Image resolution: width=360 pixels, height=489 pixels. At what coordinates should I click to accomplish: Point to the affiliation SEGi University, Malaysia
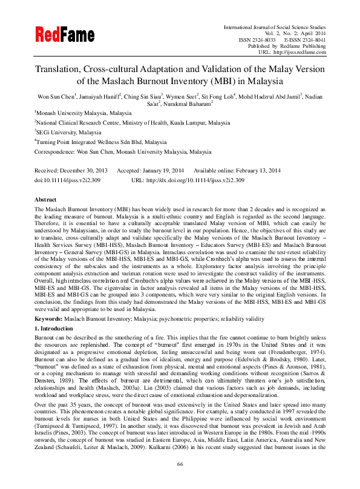pyautogui.click(x=68, y=132)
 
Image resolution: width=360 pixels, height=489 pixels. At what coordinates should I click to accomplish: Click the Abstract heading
pyautogui.click(x=45, y=199)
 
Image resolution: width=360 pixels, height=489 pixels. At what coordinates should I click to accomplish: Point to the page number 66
pyautogui.click(x=180, y=481)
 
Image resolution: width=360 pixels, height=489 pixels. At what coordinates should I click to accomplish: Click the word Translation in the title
pyautogui.click(x=63, y=70)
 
